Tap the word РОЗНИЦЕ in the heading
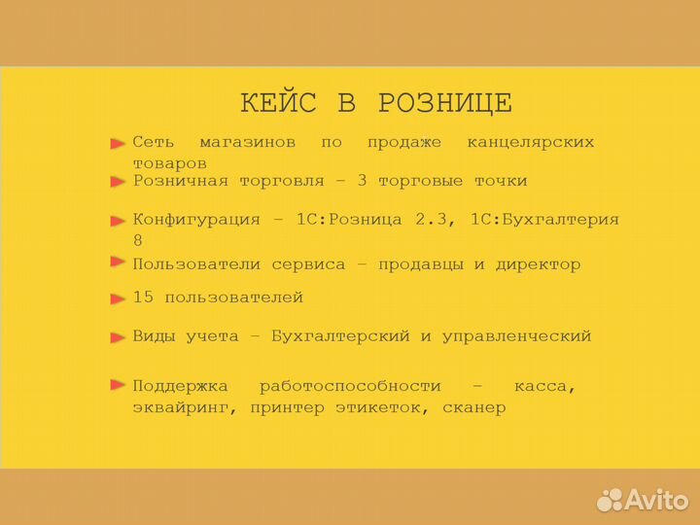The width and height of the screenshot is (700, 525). [444, 103]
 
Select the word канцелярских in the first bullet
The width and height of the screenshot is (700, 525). [530, 143]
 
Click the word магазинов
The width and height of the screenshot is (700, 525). [247, 143]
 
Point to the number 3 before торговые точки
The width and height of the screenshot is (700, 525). [363, 181]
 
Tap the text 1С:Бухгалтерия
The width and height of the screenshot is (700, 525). [544, 220]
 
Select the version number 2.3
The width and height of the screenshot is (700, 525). [436, 220]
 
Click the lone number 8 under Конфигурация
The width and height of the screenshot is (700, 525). [138, 240]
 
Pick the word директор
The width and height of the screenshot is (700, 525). [538, 264]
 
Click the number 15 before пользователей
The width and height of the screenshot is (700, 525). [143, 297]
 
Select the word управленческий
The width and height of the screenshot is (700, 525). [516, 336]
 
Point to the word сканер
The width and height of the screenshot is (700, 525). [473, 408]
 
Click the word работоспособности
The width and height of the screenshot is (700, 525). [350, 386]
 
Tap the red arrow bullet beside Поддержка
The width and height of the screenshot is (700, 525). [118, 385]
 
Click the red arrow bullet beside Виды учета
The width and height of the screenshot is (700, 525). [118, 337]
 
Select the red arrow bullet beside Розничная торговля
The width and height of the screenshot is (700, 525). [118, 182]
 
